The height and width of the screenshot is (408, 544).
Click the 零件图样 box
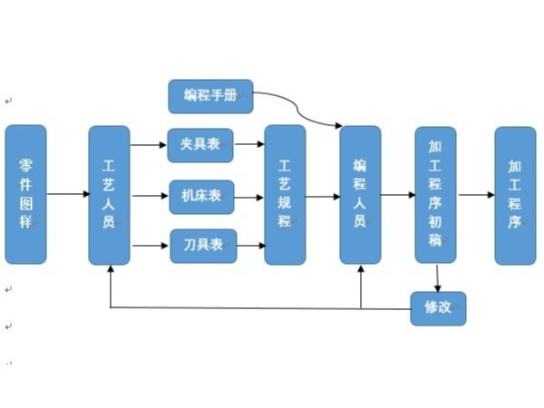tap(25, 194)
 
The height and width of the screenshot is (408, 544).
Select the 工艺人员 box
tap(109, 195)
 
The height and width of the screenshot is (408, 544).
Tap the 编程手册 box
tap(210, 96)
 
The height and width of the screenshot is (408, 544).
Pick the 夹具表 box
tap(200, 145)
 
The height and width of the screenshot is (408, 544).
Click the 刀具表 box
tap(203, 246)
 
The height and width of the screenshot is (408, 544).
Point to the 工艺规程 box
tap(285, 195)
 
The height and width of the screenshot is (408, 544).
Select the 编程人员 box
tap(360, 194)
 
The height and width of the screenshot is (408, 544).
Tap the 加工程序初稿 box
tap(435, 194)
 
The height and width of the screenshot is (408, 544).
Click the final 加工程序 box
tap(514, 195)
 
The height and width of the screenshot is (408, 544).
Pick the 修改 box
tap(438, 308)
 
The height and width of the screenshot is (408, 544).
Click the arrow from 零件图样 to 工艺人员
tap(67, 194)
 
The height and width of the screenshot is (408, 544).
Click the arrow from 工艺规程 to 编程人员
tap(322, 195)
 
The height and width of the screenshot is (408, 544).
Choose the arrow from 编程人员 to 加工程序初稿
tap(397, 194)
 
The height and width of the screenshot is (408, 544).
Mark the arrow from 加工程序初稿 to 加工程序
tap(475, 194)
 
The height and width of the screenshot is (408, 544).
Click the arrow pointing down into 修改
tap(438, 277)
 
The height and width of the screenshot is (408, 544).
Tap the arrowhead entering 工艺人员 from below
tap(110, 271)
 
